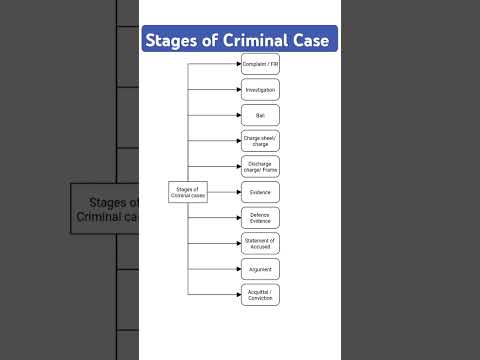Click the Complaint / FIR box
pos(260,64)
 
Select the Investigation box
pos(260,90)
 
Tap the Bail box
pos(260,115)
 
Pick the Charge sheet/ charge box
pos(260,141)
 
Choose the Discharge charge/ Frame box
pos(260,166)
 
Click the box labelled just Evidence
pos(260,192)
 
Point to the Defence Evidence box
pos(260,218)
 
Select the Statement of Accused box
pos(260,243)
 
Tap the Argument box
pos(260,269)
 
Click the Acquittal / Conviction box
pos(260,295)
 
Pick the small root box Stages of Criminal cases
pos(187,192)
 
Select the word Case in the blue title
pos(313,41)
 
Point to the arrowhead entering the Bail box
pos(237,115)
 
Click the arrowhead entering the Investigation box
pos(237,90)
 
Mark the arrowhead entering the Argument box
pos(237,269)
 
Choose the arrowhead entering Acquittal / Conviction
pos(237,295)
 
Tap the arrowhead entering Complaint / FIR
pos(237,64)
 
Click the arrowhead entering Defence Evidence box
pos(237,218)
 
